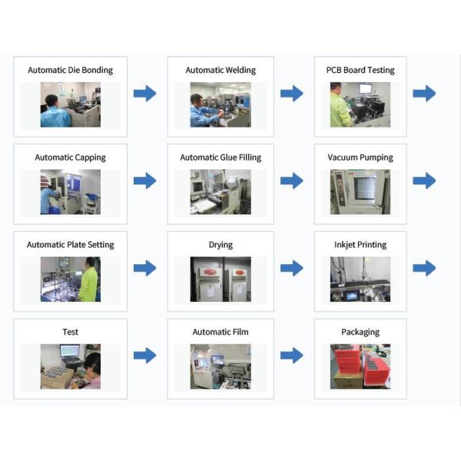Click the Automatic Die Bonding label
click(70, 70)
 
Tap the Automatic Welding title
click(221, 70)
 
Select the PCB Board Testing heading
click(360, 70)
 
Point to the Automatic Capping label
click(70, 158)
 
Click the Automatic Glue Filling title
click(221, 158)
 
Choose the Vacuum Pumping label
click(360, 158)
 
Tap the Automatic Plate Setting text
click(70, 245)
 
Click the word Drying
click(221, 245)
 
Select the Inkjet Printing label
click(360, 245)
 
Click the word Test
click(70, 332)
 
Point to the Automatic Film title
click(221, 332)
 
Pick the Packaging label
click(360, 332)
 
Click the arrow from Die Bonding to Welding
click(144, 94)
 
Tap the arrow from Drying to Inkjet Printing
click(291, 268)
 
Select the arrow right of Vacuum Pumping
click(424, 181)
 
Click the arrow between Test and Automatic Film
click(144, 356)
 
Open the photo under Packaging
click(360, 366)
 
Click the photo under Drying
click(221, 279)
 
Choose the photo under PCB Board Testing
click(360, 104)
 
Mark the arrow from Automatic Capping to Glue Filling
click(144, 181)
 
